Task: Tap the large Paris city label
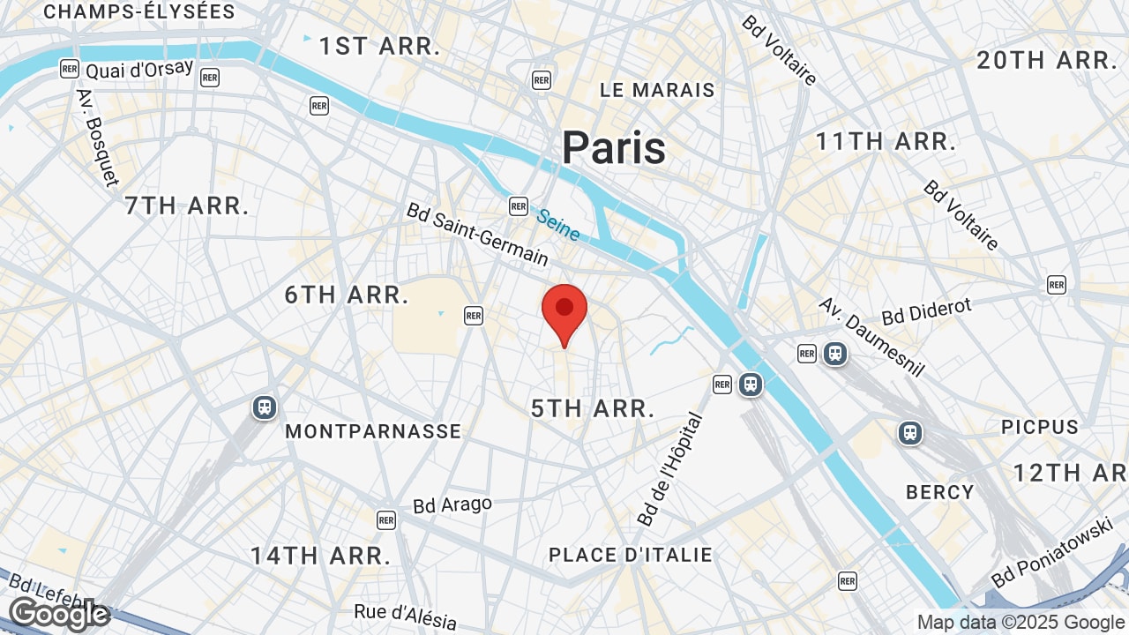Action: click(x=614, y=147)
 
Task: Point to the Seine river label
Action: click(x=558, y=224)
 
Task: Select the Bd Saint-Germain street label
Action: click(x=477, y=235)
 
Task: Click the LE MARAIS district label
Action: click(x=657, y=90)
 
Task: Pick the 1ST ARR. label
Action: click(x=379, y=47)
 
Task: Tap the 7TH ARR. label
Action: click(x=187, y=206)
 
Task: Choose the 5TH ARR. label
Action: click(x=593, y=408)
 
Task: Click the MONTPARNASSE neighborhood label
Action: click(x=373, y=431)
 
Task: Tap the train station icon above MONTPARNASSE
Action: click(x=264, y=407)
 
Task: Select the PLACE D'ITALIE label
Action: click(x=630, y=555)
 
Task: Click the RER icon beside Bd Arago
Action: click(x=385, y=519)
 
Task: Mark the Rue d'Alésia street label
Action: click(x=406, y=615)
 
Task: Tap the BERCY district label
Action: click(x=940, y=492)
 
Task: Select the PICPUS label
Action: click(x=1040, y=427)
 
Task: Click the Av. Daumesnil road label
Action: click(x=871, y=336)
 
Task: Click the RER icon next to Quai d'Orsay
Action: click(x=69, y=68)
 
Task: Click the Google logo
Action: click(x=58, y=614)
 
